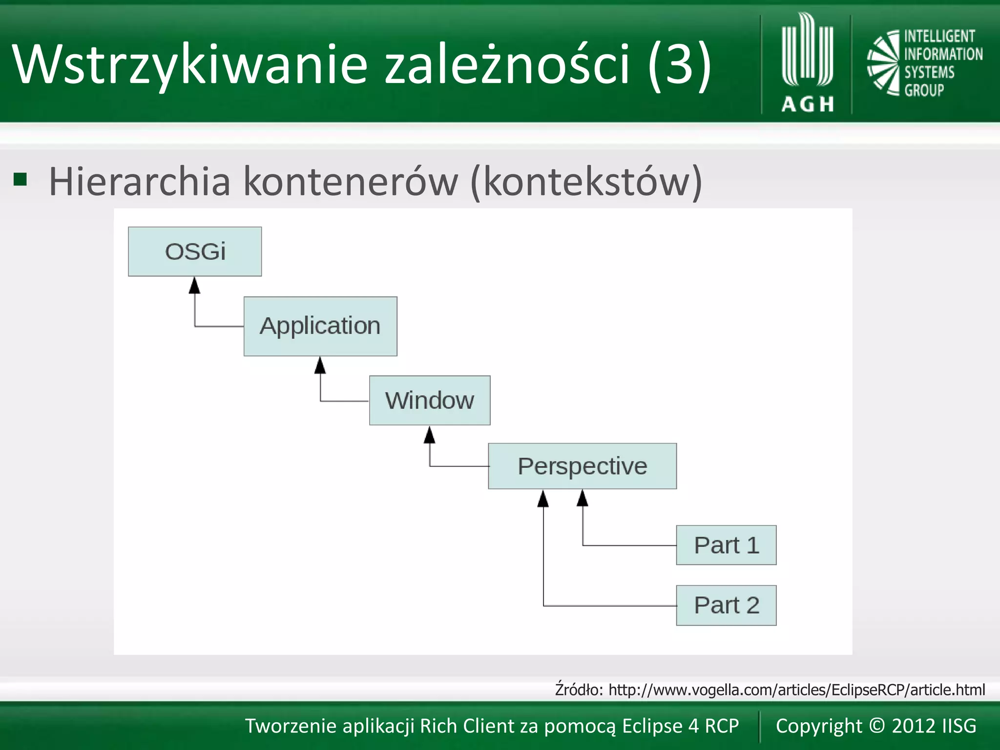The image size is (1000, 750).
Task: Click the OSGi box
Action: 195,251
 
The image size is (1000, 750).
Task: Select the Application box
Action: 320,326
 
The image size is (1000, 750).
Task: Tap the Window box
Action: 430,400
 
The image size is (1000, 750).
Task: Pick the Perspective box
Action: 582,466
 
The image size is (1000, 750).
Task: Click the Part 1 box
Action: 726,545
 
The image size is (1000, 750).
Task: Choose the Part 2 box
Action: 726,605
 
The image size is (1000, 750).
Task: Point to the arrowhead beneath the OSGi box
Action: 195,286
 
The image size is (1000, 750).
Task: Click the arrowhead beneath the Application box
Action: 320,365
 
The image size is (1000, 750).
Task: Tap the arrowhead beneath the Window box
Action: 430,435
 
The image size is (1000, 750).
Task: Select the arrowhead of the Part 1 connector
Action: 583,499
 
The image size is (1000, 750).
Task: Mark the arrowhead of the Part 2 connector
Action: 543,499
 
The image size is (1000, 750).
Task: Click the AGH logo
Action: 807,63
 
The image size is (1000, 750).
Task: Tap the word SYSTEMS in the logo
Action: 929,72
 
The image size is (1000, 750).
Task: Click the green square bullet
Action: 20,180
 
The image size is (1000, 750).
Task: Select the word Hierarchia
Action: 140,182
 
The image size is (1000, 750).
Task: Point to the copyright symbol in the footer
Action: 877,725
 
